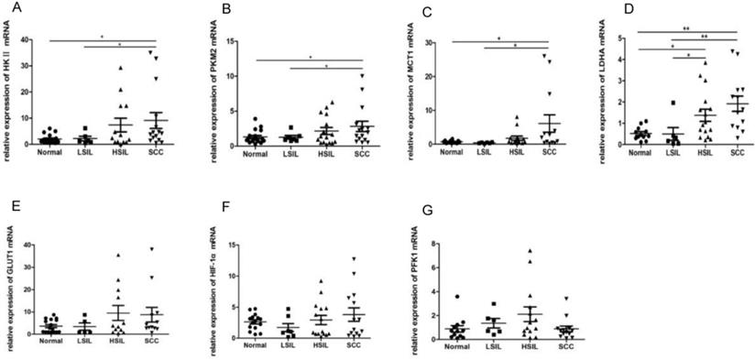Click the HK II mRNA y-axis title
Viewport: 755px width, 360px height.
point(8,92)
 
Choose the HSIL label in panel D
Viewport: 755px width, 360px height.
point(679,152)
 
